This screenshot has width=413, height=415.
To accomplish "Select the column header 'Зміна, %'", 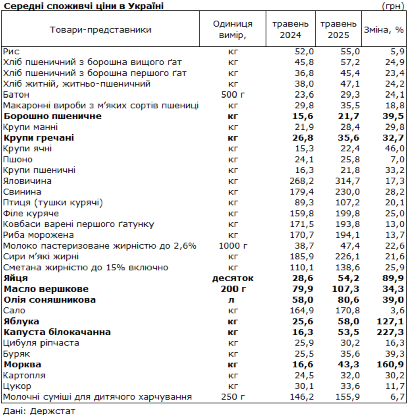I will coord(384,30).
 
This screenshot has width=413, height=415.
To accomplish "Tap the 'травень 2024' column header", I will coord(290,29).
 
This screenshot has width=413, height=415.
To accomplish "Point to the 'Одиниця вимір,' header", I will coord(233,29).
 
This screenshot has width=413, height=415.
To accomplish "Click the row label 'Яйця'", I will coord(16,278).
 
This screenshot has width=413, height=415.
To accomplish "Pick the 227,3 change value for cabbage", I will coord(390,332).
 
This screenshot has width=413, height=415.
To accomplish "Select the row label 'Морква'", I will coord(22,365).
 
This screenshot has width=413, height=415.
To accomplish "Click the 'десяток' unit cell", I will coord(233,278).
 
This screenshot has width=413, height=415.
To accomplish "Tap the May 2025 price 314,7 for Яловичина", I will coord(347,181).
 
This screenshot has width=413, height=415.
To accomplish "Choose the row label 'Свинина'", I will coord(22,192).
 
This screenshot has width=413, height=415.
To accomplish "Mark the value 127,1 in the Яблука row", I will coord(390,322).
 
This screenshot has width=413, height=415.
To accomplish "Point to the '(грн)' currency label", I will coord(393,6).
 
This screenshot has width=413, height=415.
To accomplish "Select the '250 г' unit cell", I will coord(233,397).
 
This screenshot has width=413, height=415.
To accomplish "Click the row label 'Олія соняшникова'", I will coord(50,300).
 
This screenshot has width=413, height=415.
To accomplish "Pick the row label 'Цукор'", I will coord(17,386).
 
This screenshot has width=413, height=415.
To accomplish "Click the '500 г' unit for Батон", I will coord(233,95).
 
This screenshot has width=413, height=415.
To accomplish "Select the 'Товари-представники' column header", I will coord(101,30).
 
